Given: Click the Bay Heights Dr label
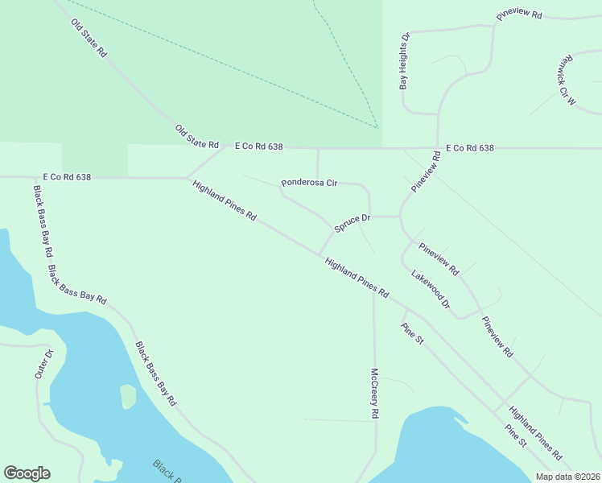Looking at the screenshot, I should point(406,60).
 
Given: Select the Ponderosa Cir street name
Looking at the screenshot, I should point(309,184).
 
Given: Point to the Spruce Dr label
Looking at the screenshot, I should point(352,223).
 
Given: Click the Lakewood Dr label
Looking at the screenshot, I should point(430,291).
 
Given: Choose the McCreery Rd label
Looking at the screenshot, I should point(374,393).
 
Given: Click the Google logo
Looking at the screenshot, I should point(27,473).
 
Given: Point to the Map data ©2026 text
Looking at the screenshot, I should point(567,477).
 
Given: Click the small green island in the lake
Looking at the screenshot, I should point(128,396).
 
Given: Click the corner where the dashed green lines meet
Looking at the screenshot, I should point(377,127).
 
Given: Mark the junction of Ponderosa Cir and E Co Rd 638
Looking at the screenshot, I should point(317,148).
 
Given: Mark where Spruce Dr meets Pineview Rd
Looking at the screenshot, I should point(400,217).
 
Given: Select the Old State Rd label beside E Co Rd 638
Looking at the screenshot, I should point(197,137).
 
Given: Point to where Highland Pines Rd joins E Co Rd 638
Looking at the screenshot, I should point(188,178).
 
